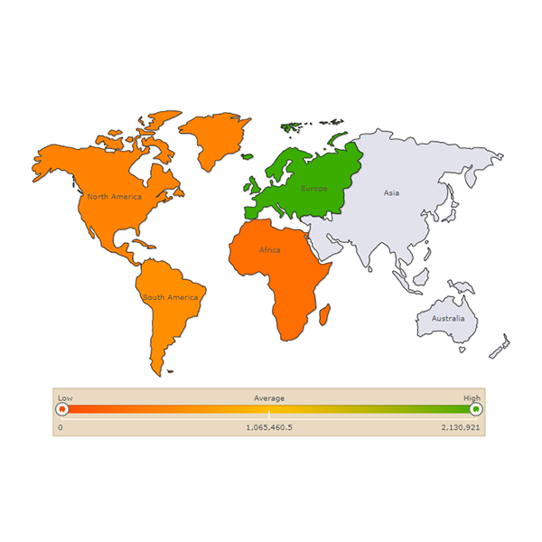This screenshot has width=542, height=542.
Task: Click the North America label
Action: (x=114, y=196)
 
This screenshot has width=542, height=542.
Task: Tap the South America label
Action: (x=170, y=297)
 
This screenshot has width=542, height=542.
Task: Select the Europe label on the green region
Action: (x=313, y=189)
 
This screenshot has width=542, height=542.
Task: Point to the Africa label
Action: (x=269, y=249)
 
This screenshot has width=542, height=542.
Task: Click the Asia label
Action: (x=391, y=192)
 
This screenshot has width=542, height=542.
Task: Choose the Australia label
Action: (x=448, y=318)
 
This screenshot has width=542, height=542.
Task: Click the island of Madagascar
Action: (x=323, y=314)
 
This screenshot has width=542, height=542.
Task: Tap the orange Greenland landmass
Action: (x=215, y=138)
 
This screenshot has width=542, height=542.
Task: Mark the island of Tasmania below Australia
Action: (x=462, y=349)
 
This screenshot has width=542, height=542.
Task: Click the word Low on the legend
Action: (x=65, y=397)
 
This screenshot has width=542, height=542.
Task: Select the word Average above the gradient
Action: (x=269, y=397)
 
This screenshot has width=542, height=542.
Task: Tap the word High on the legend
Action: (x=472, y=397)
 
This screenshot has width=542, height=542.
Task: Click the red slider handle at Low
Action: (x=61, y=409)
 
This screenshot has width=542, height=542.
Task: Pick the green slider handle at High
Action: (x=476, y=409)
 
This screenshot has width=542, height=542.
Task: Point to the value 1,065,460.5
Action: (x=269, y=426)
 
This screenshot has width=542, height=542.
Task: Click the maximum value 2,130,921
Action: (x=461, y=426)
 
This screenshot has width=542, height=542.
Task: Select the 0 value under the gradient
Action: (x=61, y=426)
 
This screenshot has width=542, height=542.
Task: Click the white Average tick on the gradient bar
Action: (x=269, y=413)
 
